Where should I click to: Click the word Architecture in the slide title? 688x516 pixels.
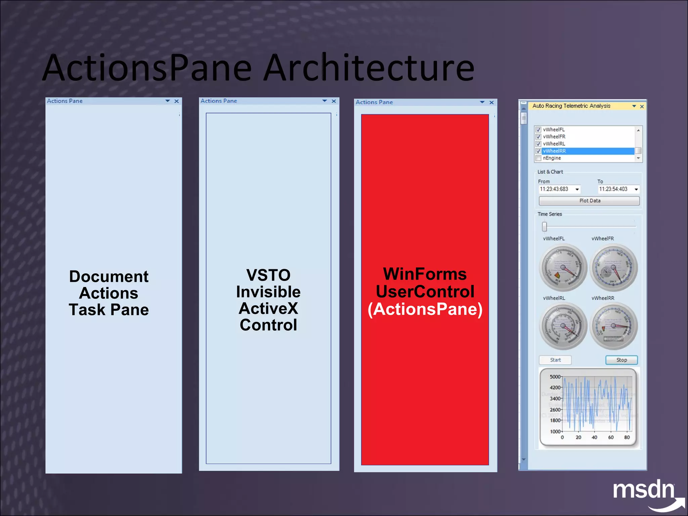pos(369,68)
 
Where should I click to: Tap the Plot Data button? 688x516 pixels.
pos(589,201)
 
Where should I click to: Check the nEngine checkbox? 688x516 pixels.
pos(538,158)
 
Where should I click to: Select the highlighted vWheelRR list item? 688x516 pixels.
pos(588,151)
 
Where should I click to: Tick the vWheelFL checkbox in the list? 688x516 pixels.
pos(538,130)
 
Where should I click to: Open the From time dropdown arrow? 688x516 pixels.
pos(577,189)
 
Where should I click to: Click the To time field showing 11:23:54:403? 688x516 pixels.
pos(613,189)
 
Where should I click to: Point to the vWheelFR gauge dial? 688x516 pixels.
pos(613,268)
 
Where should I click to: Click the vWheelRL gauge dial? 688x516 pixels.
pos(563,326)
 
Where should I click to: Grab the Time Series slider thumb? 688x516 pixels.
pos(544,227)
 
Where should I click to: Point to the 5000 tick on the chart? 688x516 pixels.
pos(555,377)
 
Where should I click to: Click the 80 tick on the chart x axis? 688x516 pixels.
pos(627,437)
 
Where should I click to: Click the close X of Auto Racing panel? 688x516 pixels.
pos(642,106)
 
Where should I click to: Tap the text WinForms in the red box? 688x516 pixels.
pos(425,274)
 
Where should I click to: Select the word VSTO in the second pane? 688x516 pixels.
pos(268,275)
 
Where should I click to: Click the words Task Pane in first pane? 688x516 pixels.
pos(109,310)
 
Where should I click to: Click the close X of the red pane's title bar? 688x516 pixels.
pos(491,102)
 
